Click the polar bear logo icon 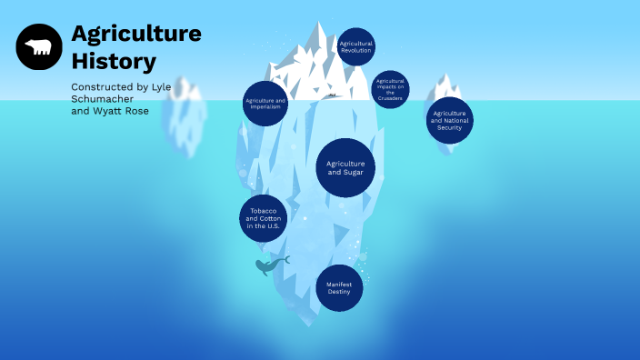point(39,46)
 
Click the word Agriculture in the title point(136,34)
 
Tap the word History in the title point(114,62)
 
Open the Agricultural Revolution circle point(355,46)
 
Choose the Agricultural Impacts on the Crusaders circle point(390,89)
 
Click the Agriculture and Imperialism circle point(266,103)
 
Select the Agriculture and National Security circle point(449,120)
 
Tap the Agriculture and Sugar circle point(345,167)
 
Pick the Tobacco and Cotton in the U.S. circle point(264,218)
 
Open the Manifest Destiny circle point(339,288)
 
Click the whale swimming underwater point(270,265)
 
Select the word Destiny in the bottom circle point(339,292)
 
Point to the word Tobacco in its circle point(263,211)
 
